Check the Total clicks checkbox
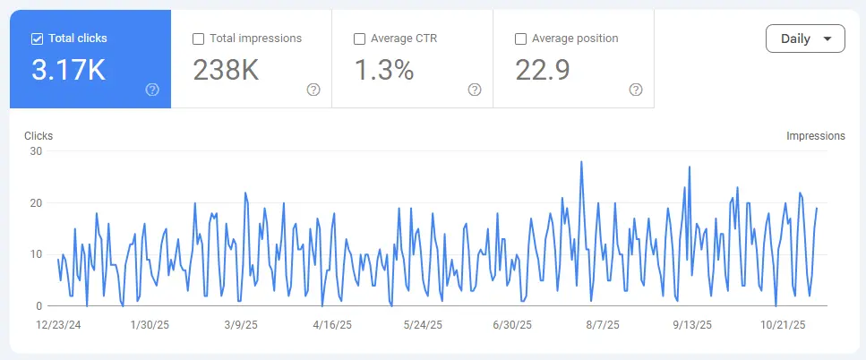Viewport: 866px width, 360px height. pos(38,39)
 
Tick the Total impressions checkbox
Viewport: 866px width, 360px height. pos(199,39)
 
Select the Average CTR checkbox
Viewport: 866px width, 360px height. pos(359,39)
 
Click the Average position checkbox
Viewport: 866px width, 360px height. pos(520,39)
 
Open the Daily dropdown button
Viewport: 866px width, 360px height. pos(805,39)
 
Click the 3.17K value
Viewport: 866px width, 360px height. pos(68,71)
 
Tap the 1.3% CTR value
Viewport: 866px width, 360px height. pos(384,71)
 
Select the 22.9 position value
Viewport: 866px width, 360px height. pos(543,71)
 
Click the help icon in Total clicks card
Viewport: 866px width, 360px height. pos(152,90)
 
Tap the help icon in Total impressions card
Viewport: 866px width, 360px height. pos(313,90)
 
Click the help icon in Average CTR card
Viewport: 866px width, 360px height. pos(475,90)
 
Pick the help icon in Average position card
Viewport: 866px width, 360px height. pos(636,90)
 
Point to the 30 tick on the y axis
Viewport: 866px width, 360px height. pos(36,151)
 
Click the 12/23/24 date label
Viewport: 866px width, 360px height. pos(58,325)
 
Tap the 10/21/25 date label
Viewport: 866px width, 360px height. pos(784,325)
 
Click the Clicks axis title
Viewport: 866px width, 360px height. pos(39,136)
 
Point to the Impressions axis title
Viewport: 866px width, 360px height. pos(815,136)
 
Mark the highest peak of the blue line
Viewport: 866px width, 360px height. pos(581,162)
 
